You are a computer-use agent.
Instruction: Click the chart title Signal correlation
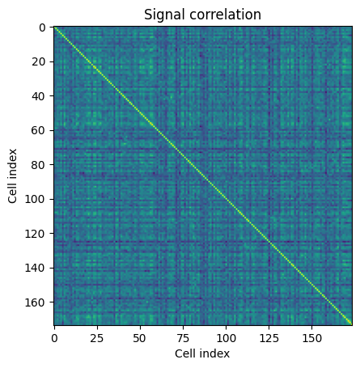click(202, 15)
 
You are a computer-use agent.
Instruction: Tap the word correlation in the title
click(225, 15)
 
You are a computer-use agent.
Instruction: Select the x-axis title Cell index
click(202, 353)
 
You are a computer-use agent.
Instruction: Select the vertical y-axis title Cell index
click(12, 176)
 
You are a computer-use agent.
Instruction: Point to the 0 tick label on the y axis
click(43, 27)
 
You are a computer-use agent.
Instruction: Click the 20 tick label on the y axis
click(39, 62)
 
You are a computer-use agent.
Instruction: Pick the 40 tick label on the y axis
click(39, 96)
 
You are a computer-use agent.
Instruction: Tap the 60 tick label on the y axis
click(39, 130)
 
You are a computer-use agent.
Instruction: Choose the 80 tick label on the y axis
click(39, 165)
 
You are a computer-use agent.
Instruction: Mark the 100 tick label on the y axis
click(36, 199)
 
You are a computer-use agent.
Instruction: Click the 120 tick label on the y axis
click(36, 234)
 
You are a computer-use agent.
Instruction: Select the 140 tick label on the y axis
click(36, 268)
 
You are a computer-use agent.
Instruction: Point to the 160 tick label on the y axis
click(36, 302)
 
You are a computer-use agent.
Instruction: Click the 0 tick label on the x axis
click(54, 338)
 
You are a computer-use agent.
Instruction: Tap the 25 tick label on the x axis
click(97, 338)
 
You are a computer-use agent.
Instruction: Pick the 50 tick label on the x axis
click(140, 338)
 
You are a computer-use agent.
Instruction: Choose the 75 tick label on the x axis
click(183, 338)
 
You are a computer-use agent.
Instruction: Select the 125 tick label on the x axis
click(269, 338)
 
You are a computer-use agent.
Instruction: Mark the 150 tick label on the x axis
click(312, 338)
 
